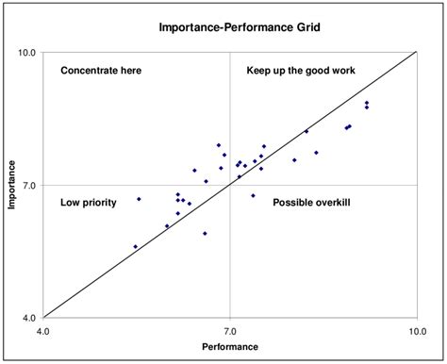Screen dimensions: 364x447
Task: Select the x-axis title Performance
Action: (229, 350)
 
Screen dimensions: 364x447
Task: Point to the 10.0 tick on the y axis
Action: (26, 53)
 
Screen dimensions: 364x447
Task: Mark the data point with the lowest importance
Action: (136, 247)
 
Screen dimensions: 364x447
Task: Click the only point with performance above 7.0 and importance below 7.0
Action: (253, 195)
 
